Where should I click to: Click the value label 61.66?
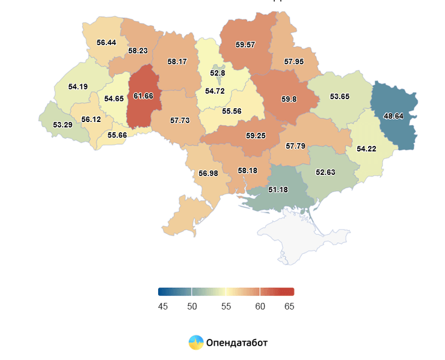pyautogui.click(x=143, y=96)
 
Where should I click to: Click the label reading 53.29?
pyautogui.click(x=63, y=125)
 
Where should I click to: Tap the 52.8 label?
pyautogui.click(x=217, y=73)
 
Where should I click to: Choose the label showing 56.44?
pyautogui.click(x=106, y=43)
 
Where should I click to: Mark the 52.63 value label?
pyautogui.click(x=326, y=172)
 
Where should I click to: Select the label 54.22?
pyautogui.click(x=366, y=148)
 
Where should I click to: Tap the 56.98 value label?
pyautogui.click(x=208, y=174)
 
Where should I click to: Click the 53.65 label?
pyautogui.click(x=340, y=96)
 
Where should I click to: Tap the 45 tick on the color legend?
pyautogui.click(x=162, y=307)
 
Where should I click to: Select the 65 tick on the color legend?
pyautogui.click(x=289, y=307)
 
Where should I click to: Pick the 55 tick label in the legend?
pyautogui.click(x=226, y=307)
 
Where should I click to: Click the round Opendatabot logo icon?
pyautogui.click(x=196, y=343)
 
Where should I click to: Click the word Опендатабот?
pyautogui.click(x=236, y=343)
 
